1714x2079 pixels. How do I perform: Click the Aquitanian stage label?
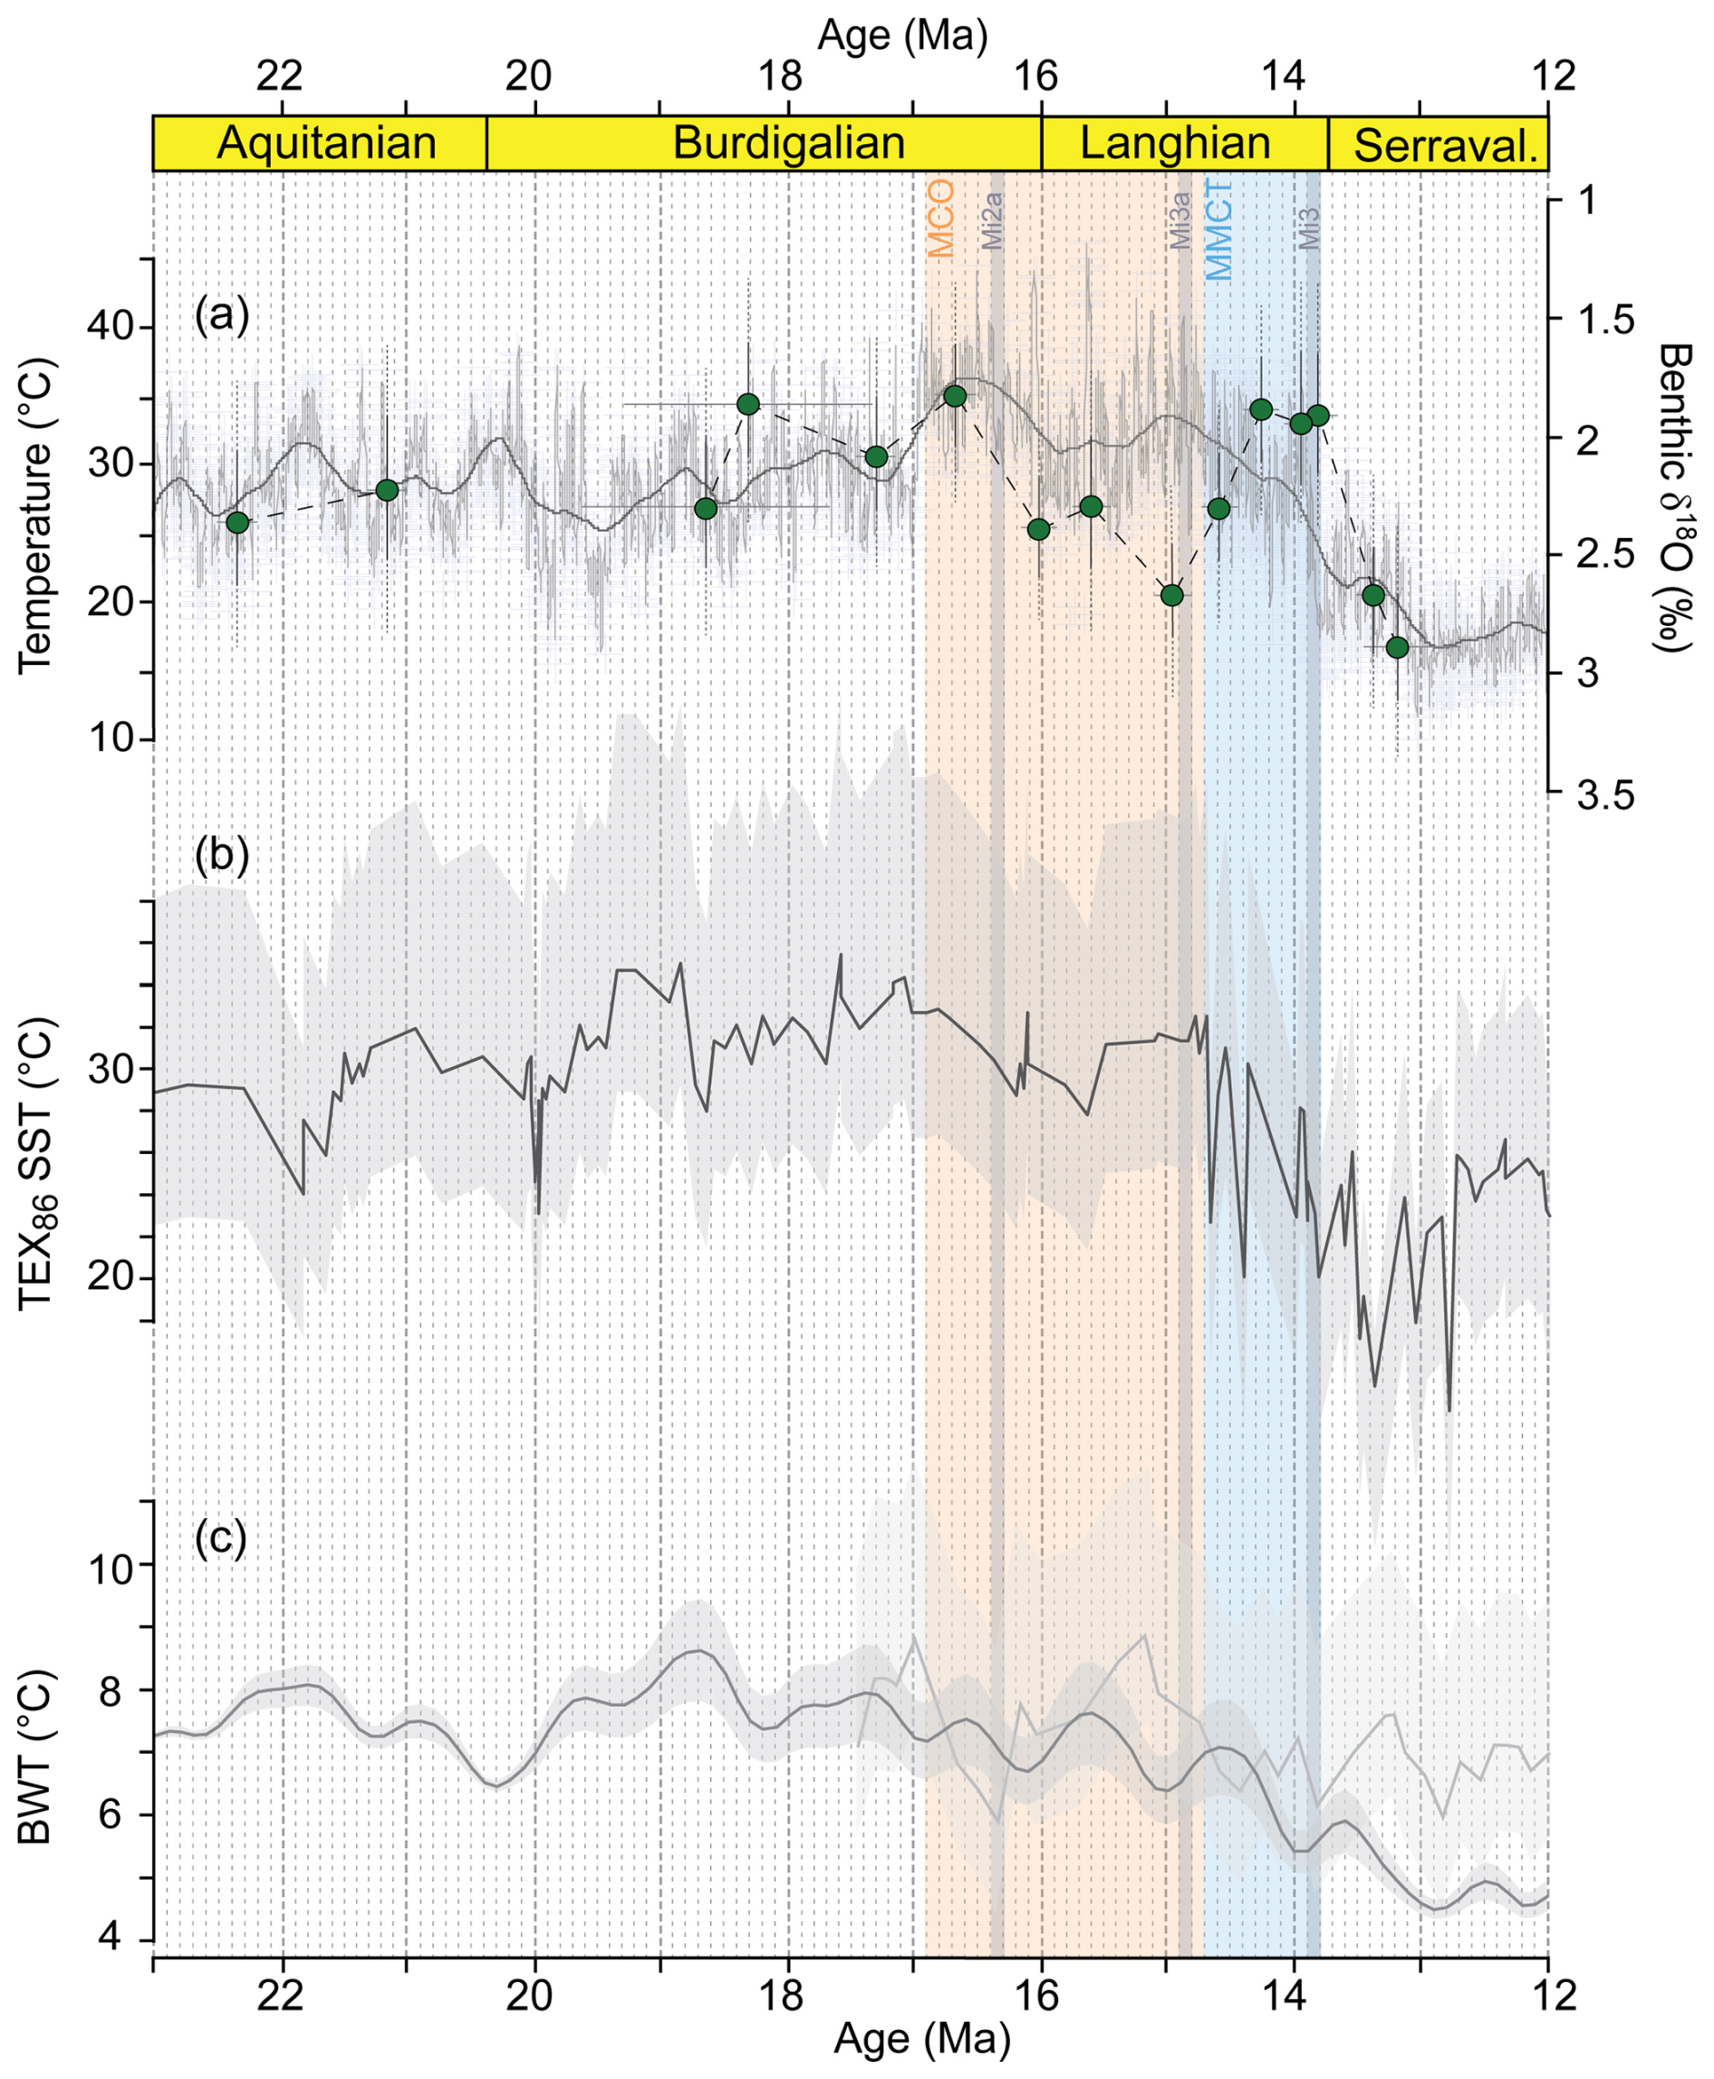click(326, 144)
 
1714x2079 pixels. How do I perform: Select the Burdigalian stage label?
click(788, 144)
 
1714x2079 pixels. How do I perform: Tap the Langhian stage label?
click(1175, 144)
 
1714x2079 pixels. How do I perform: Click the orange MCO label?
click(941, 218)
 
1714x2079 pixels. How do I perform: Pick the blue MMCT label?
click(1219, 230)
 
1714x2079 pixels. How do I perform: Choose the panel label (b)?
click(221, 855)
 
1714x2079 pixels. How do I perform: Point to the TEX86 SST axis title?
click(37, 1162)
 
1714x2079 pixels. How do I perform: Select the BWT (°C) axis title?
click(35, 1757)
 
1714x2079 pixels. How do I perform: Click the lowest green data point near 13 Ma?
click(1396, 648)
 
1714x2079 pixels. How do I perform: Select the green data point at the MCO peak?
click(955, 396)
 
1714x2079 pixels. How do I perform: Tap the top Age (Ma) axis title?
click(901, 36)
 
